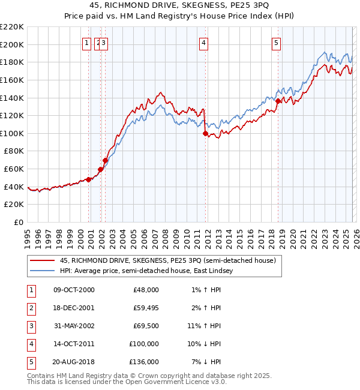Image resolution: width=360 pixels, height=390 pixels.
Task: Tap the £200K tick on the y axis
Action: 12,44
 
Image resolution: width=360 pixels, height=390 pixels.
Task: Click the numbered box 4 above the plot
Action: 204,43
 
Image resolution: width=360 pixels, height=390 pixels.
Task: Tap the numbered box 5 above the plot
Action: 276,43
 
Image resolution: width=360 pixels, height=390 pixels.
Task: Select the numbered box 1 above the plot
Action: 87,43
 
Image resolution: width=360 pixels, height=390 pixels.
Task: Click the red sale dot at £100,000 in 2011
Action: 205,134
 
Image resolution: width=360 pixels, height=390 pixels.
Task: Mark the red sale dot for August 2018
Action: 278,101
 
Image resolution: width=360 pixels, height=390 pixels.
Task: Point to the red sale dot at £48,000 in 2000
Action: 89,179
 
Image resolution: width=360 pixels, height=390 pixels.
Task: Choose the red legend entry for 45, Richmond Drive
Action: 167,260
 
